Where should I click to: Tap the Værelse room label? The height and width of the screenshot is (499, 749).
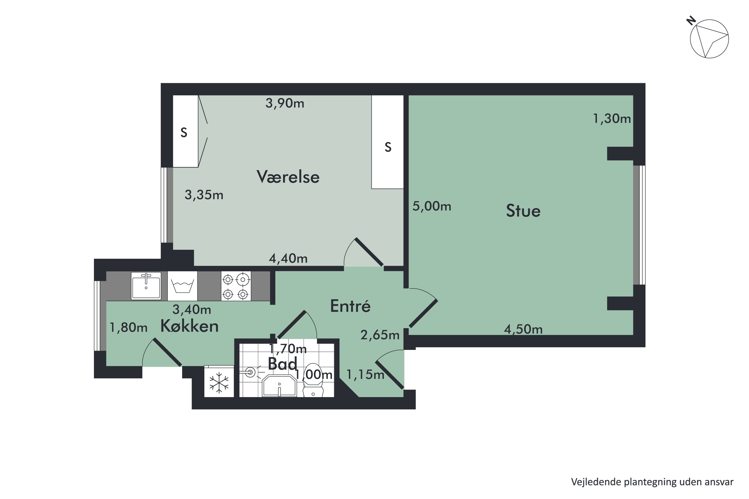coord(288,177)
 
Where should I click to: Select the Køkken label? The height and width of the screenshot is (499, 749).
coord(189,326)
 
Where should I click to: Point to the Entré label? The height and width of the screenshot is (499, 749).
coord(350,306)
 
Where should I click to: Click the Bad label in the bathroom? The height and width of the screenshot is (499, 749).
coord(283,363)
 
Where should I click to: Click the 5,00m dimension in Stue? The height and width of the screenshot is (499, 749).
coord(432,206)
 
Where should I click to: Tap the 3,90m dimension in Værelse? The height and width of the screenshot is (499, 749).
coord(285,103)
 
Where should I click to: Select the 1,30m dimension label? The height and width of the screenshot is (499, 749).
coord(612,119)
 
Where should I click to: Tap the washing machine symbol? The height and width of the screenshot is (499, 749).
coord(182,286)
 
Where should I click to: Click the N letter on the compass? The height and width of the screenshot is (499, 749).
coord(691,21)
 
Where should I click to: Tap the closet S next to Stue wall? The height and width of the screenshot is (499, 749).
coord(388,147)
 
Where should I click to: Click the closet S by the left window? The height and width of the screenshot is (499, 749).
coord(184,132)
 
